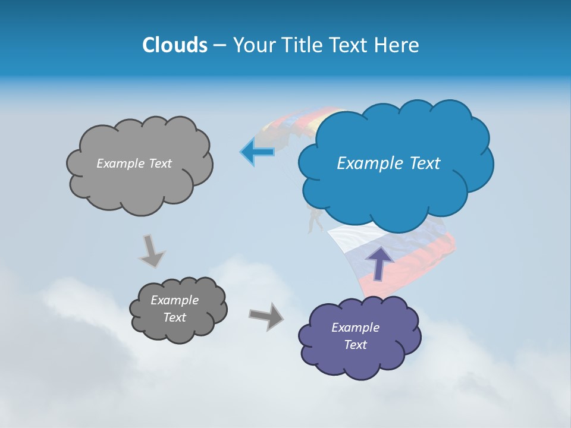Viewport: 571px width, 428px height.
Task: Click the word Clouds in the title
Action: pyautogui.click(x=174, y=45)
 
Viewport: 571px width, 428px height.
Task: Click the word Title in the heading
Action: pyautogui.click(x=302, y=45)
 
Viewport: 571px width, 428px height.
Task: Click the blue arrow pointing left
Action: pyautogui.click(x=257, y=152)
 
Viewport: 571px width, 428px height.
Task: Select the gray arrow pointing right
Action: pyautogui.click(x=266, y=316)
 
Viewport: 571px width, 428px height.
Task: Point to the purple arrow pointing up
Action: pyautogui.click(x=380, y=262)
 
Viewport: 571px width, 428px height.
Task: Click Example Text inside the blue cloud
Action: pyautogui.click(x=388, y=163)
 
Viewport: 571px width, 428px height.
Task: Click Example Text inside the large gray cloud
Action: pyautogui.click(x=134, y=163)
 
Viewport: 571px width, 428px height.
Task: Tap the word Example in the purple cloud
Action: pyautogui.click(x=355, y=328)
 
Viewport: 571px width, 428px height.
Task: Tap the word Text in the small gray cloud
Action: pyautogui.click(x=175, y=317)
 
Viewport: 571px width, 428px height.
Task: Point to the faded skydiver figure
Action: pyautogui.click(x=314, y=220)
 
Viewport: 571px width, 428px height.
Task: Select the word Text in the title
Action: pyautogui.click(x=350, y=45)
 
